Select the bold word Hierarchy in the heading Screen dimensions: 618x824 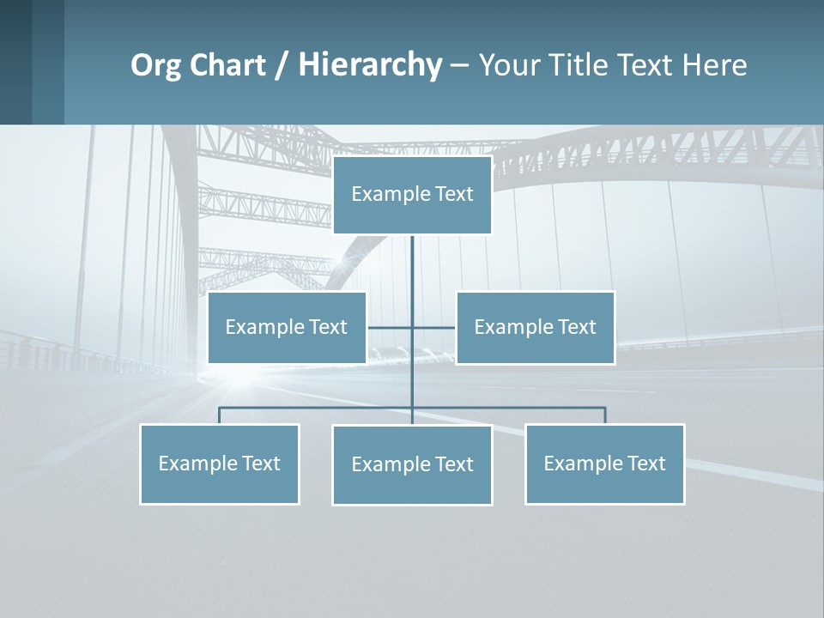tap(369, 65)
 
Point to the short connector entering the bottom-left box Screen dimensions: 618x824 tap(219, 415)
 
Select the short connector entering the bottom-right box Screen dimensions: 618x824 tap(605, 415)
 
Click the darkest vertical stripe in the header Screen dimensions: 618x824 tap(15, 62)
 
